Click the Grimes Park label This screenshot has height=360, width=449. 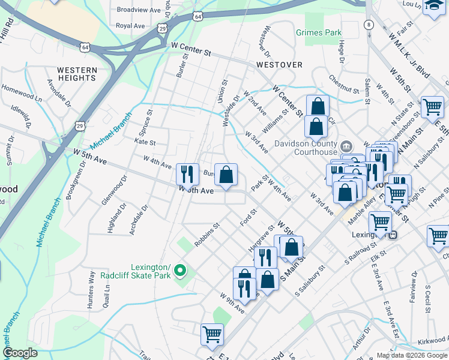click(x=319, y=33)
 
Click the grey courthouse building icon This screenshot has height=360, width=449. click(x=346, y=147)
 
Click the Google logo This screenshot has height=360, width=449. click(x=20, y=353)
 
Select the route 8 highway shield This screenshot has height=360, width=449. click(x=369, y=25)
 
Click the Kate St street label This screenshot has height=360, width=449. click(x=145, y=143)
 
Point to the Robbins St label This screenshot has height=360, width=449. click(x=207, y=233)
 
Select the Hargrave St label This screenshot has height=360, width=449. click(x=261, y=237)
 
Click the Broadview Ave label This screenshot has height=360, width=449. click(x=139, y=10)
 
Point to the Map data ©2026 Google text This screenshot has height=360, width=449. click(x=411, y=355)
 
